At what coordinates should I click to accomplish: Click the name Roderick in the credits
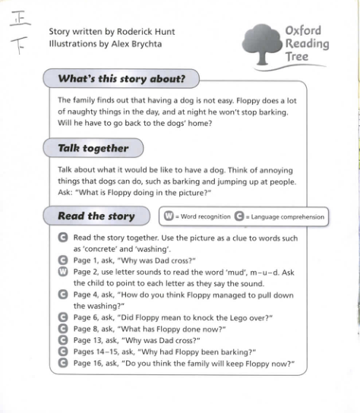coord(141,32)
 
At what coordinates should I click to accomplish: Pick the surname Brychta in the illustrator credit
coord(146,43)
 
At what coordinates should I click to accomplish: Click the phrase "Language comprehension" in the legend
coord(286,217)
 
